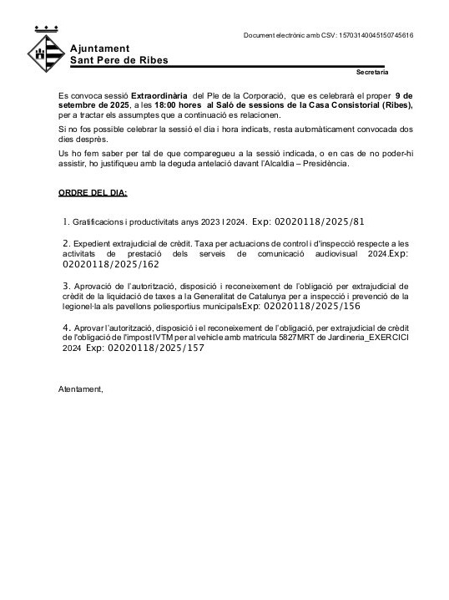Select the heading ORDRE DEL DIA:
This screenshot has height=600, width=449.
click(x=93, y=193)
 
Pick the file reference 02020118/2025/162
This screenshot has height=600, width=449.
click(x=110, y=263)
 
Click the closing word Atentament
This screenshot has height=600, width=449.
click(x=80, y=389)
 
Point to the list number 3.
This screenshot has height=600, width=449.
click(x=66, y=285)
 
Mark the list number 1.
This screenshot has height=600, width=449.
click(x=66, y=222)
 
